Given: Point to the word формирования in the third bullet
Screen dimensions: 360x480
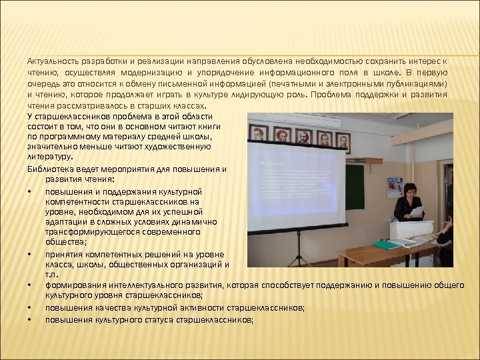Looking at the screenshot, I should point(73,285).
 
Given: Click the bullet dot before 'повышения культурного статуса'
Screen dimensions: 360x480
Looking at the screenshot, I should point(31,320).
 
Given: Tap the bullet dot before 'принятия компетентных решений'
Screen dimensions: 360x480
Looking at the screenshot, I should point(31,254).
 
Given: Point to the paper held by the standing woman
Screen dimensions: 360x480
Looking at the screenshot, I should point(417,211).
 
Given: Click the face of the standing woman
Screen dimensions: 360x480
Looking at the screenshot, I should point(410,191).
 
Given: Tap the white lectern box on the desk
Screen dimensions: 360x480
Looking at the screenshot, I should point(411,231).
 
